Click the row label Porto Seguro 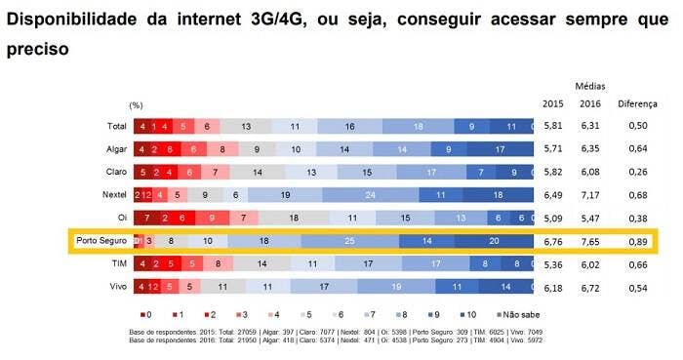click(x=101, y=240)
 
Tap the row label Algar click(x=115, y=148)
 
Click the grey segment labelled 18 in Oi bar click(x=292, y=218)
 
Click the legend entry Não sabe click(x=518, y=315)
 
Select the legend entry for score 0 click(x=146, y=315)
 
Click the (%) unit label click(x=136, y=104)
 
